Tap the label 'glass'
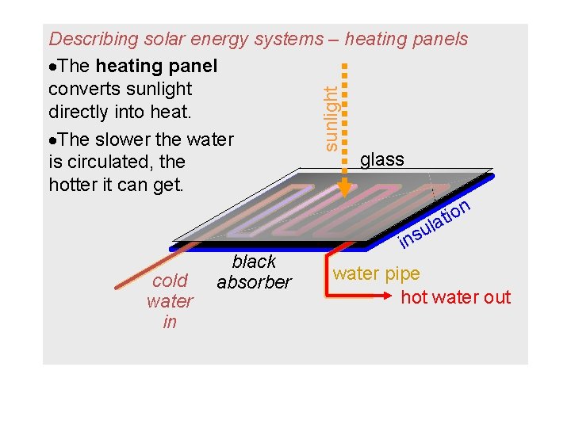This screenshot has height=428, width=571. [381, 159]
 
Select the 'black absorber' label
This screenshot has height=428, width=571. [254, 272]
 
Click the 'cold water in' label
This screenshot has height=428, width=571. [170, 301]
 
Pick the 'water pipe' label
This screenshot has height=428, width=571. [377, 274]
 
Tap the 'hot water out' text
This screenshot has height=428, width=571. [456, 297]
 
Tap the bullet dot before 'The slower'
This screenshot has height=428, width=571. [52, 140]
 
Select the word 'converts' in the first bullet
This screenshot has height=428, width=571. [82, 89]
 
